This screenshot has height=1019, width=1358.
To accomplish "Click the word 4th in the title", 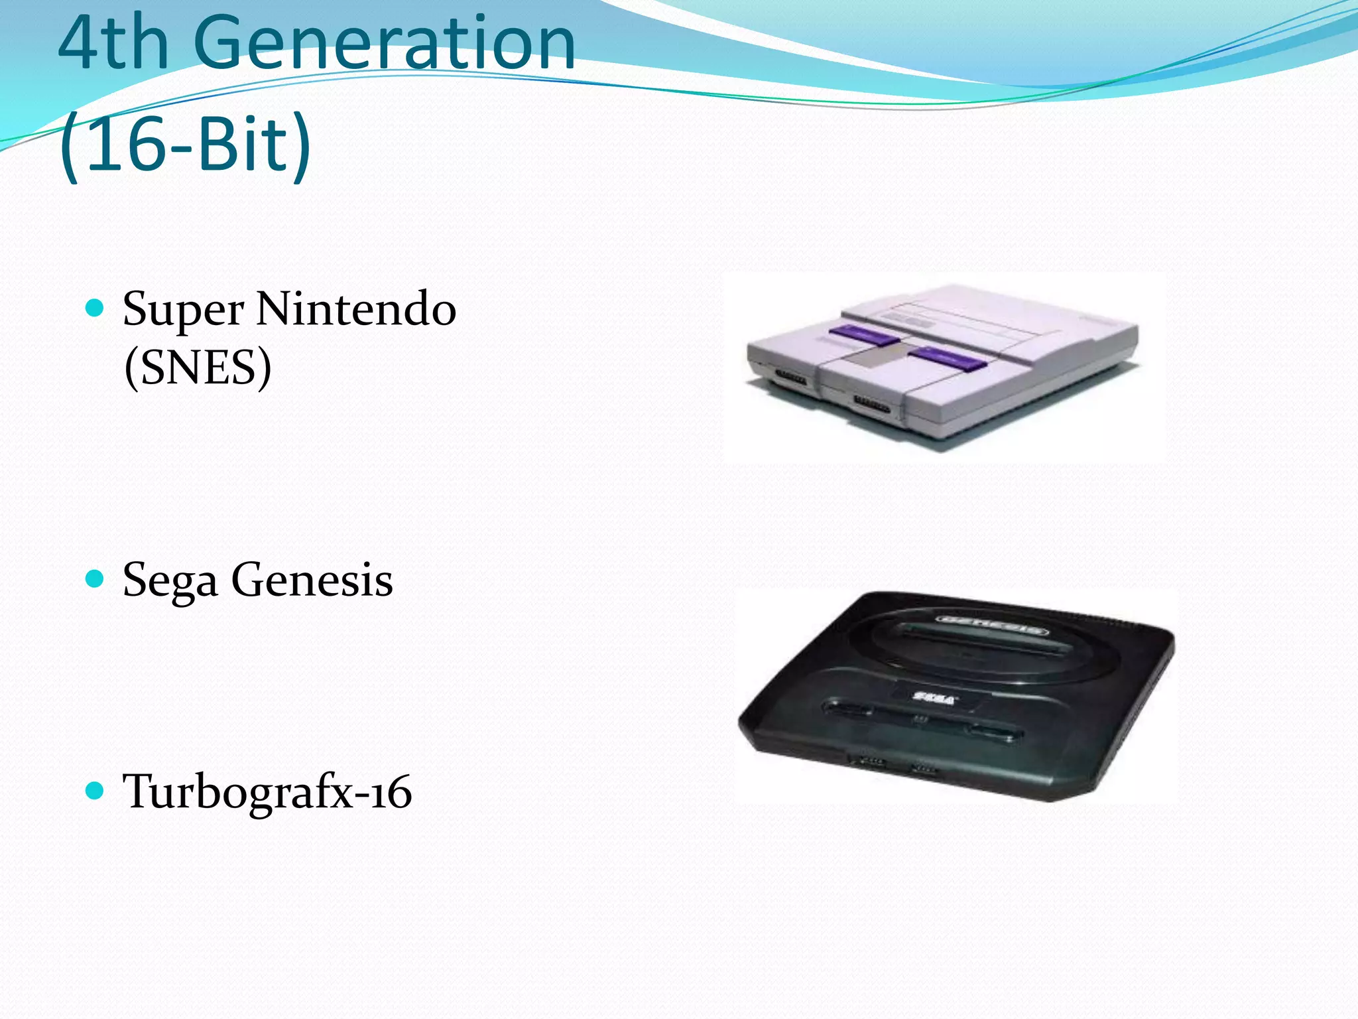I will (x=113, y=43).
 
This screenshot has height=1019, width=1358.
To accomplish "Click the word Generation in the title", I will (x=385, y=43).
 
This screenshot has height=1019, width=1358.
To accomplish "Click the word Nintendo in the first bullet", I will (x=356, y=309).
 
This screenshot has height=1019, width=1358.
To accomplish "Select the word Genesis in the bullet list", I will (x=312, y=580).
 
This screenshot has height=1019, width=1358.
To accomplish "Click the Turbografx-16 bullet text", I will (x=267, y=792).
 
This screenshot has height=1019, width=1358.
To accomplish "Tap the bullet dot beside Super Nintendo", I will (x=95, y=308).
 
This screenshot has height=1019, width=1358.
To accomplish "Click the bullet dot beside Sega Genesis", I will (x=95, y=579).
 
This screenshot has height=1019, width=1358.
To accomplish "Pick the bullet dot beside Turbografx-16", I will (x=95, y=790).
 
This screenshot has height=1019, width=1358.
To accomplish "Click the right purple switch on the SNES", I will (x=947, y=358).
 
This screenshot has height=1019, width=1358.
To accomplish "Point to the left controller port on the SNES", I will (x=791, y=379).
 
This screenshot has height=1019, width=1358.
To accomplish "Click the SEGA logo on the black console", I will (x=934, y=698).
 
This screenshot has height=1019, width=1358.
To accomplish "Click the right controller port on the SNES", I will (x=871, y=404).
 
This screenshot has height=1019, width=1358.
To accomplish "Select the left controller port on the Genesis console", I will (x=871, y=761).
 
